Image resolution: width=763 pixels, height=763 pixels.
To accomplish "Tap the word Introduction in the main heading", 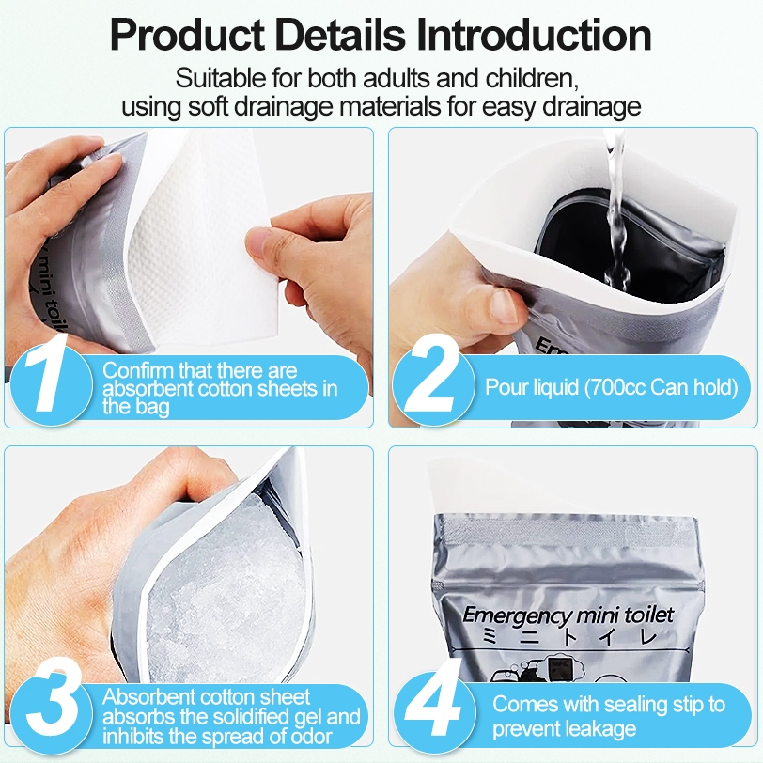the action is pos(534,35).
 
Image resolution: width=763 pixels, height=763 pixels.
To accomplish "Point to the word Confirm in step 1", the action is pos(138,371).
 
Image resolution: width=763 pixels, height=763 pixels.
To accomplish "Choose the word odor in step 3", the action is pos(311,737).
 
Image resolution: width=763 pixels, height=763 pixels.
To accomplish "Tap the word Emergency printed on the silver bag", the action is pos(513,616).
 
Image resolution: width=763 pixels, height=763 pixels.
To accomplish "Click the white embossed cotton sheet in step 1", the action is pos(205,239).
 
